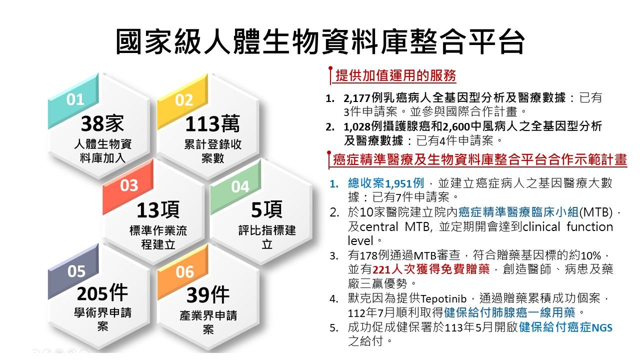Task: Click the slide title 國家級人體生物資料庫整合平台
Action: tap(320, 41)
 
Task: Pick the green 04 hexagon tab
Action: tap(236, 186)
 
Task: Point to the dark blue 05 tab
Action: tap(73, 271)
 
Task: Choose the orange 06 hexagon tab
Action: tap(183, 272)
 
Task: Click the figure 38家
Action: tap(102, 123)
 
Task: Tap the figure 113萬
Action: tap(212, 123)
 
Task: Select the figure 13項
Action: tap(158, 209)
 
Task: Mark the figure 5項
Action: tap(266, 209)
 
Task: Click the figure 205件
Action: tap(102, 293)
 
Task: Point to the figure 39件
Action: tap(207, 295)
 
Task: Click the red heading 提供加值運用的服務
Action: tap(395, 75)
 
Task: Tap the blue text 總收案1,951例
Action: tap(385, 183)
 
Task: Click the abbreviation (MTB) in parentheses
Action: tap(595, 212)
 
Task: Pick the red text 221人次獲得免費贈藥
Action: tap(431, 269)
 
